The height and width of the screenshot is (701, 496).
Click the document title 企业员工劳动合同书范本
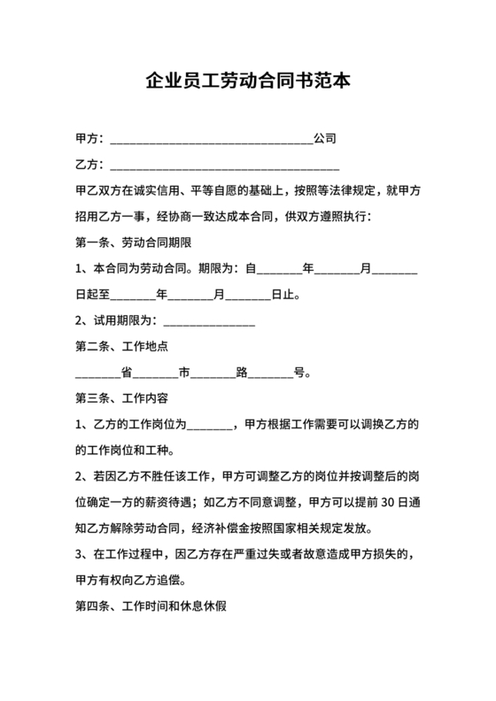pyautogui.click(x=248, y=82)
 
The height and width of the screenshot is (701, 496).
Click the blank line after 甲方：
pyautogui.click(x=210, y=140)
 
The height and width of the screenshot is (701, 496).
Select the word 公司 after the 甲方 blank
pyautogui.click(x=324, y=139)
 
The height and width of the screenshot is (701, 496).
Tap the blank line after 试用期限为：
pyautogui.click(x=209, y=320)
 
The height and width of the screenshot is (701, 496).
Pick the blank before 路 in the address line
pyautogui.click(x=213, y=372)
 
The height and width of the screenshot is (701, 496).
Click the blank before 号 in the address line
pyautogui.click(x=270, y=372)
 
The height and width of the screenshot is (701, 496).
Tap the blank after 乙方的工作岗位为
pyautogui.click(x=210, y=423)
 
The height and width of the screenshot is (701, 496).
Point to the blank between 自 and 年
pyautogui.click(x=279, y=267)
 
